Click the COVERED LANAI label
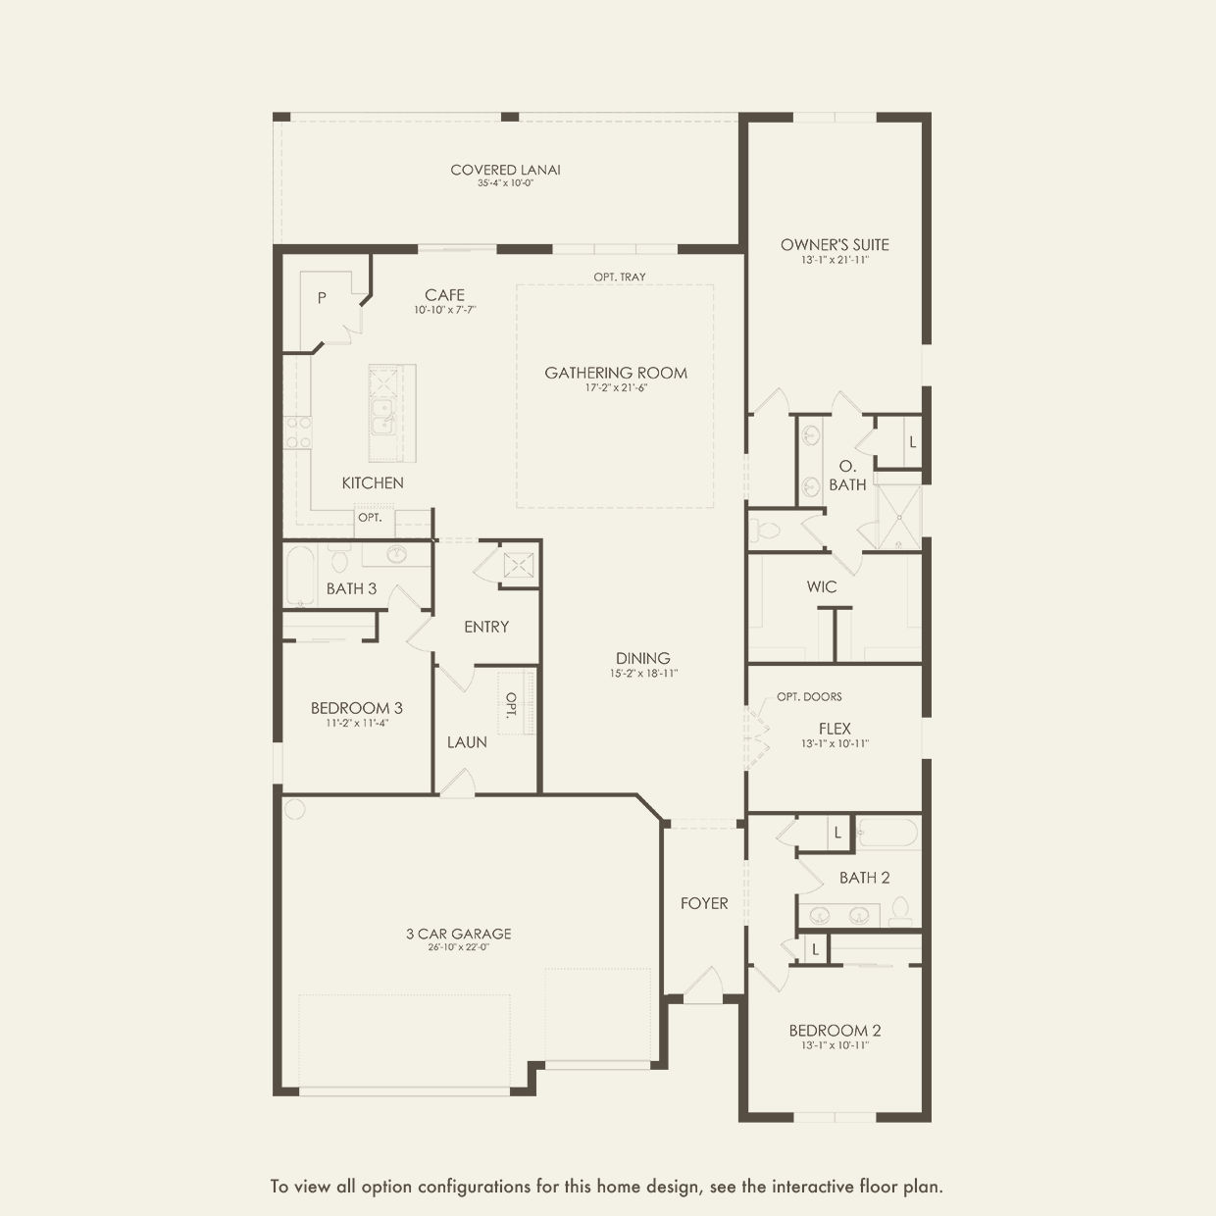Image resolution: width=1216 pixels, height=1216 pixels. point(505,170)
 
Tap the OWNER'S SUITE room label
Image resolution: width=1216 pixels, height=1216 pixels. point(835,245)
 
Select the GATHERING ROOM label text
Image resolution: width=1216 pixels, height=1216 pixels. point(616,373)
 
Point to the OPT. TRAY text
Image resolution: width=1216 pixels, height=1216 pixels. point(620,277)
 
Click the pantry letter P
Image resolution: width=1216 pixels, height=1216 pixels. point(322,298)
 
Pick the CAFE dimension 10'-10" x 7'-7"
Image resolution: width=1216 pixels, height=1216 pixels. point(445,310)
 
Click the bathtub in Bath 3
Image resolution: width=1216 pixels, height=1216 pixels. point(300,576)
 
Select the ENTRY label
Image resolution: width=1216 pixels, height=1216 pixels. point(485,627)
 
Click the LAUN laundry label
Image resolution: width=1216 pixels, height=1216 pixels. point(467,742)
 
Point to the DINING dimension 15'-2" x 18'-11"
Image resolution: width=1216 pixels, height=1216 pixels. point(643,674)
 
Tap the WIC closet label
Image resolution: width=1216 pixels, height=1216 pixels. point(822,586)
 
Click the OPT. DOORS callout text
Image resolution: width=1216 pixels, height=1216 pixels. point(810,696)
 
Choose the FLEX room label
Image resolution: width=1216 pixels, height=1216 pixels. point(835,729)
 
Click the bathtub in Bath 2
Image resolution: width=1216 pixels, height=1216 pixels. point(887,833)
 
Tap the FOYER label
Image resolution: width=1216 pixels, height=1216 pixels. point(704,903)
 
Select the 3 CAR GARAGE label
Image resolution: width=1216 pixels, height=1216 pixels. point(459,934)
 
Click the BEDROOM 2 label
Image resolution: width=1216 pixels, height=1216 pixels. point(835,1031)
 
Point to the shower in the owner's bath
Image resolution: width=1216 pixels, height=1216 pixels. point(898,518)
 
